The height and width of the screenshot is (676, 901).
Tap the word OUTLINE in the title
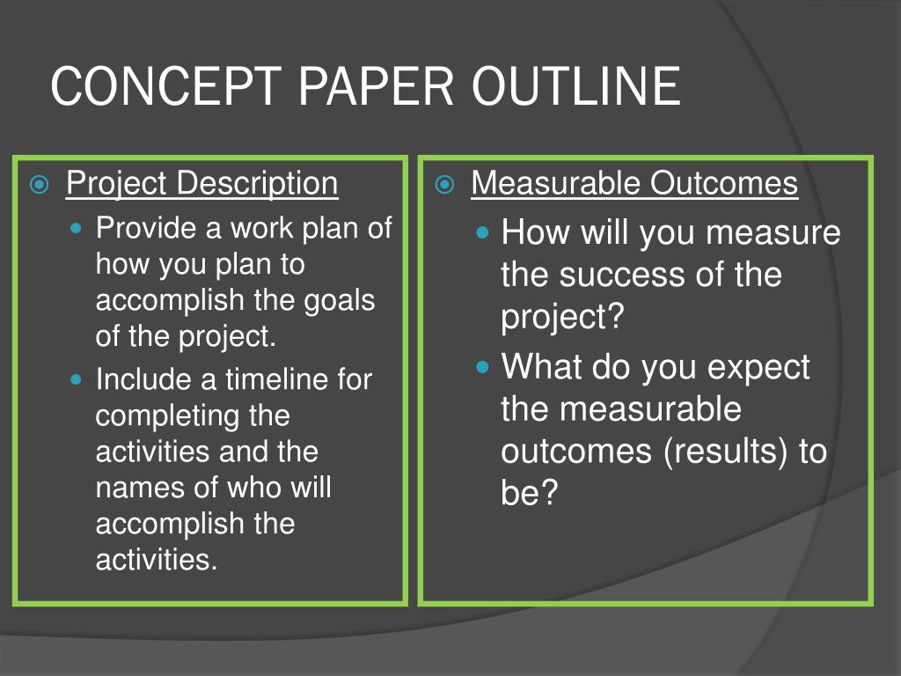576,85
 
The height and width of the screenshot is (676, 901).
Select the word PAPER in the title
377,85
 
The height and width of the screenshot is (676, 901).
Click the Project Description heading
201,184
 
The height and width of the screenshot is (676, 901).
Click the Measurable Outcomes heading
634,183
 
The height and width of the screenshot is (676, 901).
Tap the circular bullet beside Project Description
39,185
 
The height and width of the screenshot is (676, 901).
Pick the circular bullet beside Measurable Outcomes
444,185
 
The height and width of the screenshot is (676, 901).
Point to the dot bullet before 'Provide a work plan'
76,228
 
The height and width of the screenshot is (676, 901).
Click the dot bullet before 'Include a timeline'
76,379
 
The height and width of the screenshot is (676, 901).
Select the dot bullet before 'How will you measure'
483,232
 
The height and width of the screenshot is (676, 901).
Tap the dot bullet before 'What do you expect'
483,367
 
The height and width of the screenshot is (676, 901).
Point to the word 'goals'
339,302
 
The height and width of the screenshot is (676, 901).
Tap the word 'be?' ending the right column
529,492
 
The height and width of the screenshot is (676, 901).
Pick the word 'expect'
758,368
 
